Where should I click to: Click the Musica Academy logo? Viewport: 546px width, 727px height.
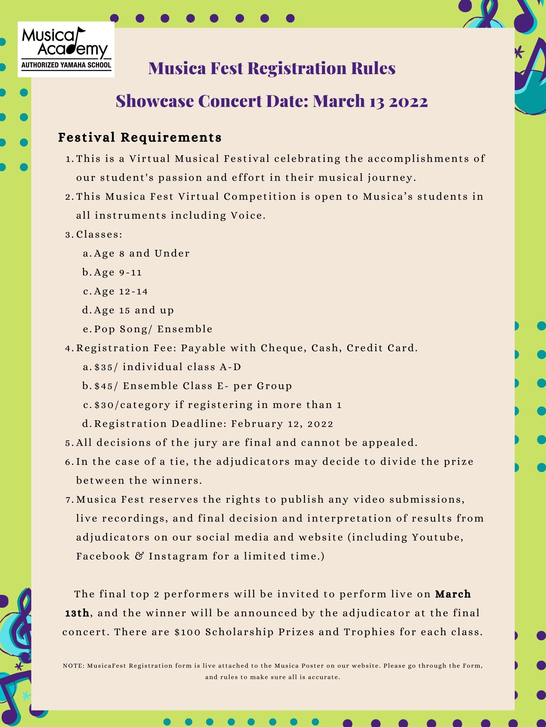pyautogui.click(x=66, y=49)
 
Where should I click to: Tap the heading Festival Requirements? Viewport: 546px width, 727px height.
pyautogui.click(x=140, y=137)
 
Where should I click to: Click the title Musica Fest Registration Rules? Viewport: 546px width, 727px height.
pyautogui.click(x=272, y=68)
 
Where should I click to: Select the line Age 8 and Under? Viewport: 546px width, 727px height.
pyautogui.click(x=142, y=253)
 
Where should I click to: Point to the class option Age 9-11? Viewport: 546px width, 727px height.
pyautogui.click(x=118, y=272)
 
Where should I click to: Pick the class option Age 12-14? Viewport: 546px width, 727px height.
pyautogui.click(x=121, y=292)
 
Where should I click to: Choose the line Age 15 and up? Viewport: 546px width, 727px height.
pyautogui.click(x=134, y=310)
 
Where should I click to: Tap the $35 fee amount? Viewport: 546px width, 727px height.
pyautogui.click(x=103, y=367)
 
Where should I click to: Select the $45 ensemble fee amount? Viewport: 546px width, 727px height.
pyautogui.click(x=103, y=386)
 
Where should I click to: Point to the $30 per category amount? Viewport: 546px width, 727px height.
pyautogui.click(x=103, y=405)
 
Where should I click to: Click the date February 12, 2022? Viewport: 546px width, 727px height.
pyautogui.click(x=282, y=424)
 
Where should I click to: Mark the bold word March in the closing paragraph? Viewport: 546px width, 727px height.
pyautogui.click(x=453, y=594)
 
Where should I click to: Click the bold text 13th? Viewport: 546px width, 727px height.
pyautogui.click(x=77, y=613)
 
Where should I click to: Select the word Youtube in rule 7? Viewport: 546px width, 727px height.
pyautogui.click(x=437, y=537)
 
